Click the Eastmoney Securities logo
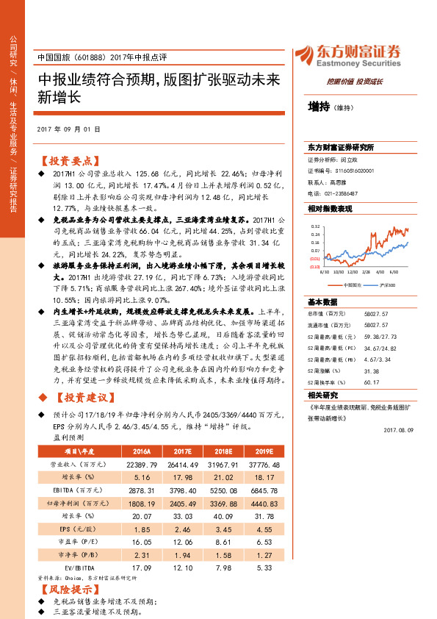[x=349, y=57]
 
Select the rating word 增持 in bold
[x=318, y=107]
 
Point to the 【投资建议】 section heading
[x=79, y=398]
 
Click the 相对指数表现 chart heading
[x=330, y=209]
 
